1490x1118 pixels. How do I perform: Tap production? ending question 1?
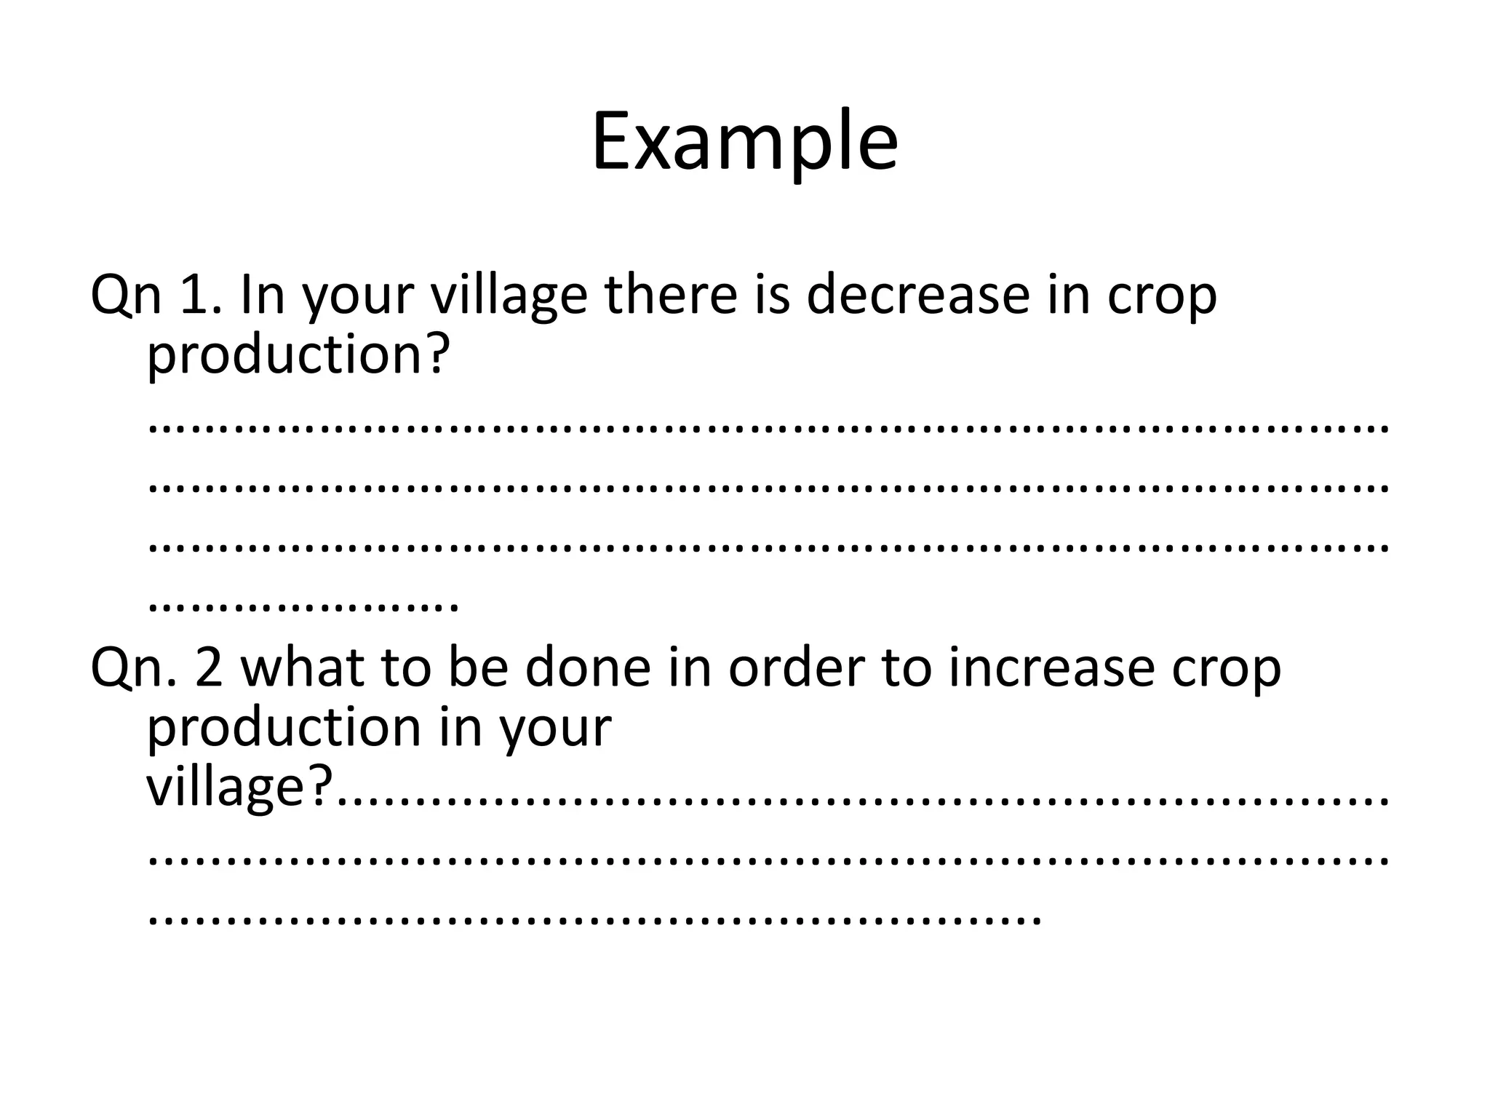(x=295, y=357)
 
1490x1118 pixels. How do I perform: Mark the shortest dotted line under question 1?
(x=303, y=606)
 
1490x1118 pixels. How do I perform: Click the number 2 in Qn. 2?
(x=208, y=668)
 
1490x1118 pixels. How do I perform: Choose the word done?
(x=587, y=668)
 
